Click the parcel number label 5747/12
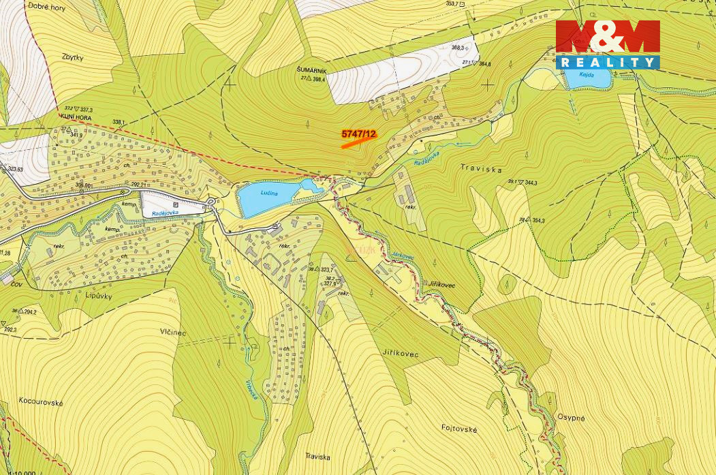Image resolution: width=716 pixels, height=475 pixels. point(358,134)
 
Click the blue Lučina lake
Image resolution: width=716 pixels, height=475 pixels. point(267,198)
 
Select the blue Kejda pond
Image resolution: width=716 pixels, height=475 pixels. point(585,77)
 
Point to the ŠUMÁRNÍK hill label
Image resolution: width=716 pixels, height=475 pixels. point(312,70)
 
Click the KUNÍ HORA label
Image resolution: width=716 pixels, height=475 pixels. point(76,117)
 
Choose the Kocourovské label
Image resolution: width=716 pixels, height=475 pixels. point(41,402)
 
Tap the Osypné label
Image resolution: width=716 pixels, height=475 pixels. point(571,418)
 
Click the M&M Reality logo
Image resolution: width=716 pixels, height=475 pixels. point(608,44)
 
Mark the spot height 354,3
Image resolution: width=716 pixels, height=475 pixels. point(539,221)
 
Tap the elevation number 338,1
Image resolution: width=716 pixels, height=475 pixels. point(119,123)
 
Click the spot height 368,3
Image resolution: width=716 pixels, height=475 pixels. point(458,48)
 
